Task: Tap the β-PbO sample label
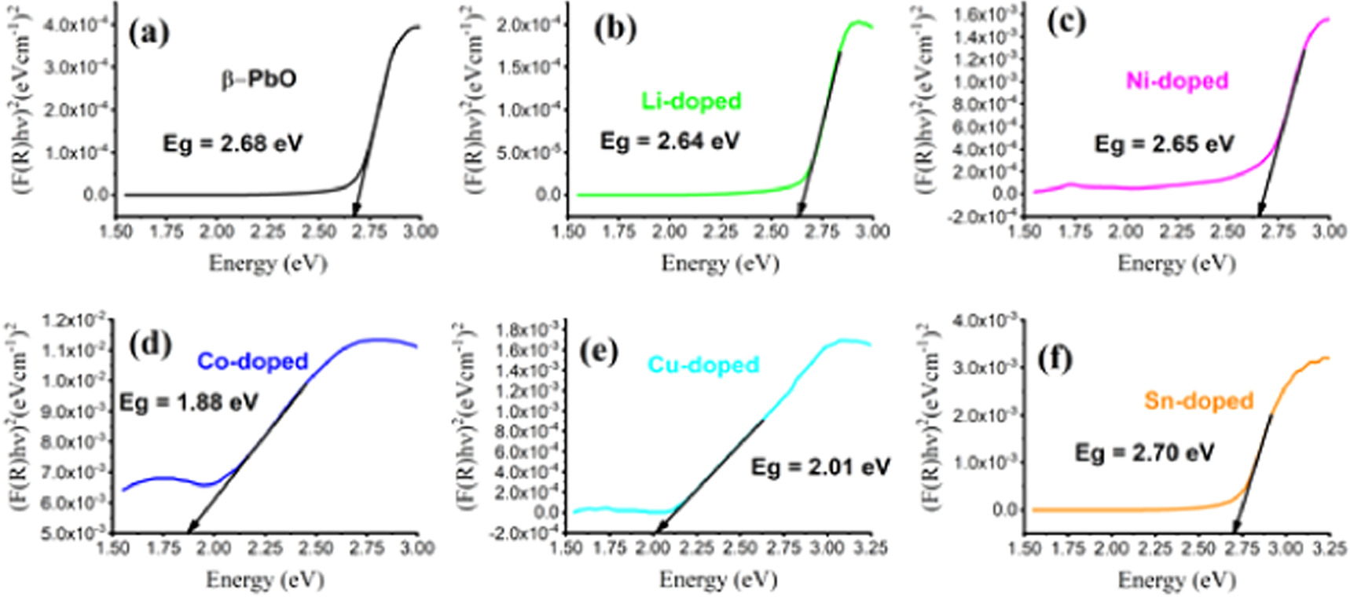click(259, 79)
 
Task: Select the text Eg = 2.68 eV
click(232, 144)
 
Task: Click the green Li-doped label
click(692, 101)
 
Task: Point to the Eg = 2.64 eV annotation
click(669, 141)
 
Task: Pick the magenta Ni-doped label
click(1176, 80)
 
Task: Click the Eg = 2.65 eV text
click(1164, 144)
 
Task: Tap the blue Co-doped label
click(252, 361)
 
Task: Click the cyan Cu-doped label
click(703, 364)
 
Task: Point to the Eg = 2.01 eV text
click(820, 467)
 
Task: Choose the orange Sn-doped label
click(1198, 401)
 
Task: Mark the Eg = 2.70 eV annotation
click(1144, 452)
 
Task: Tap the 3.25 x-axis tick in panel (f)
click(1329, 548)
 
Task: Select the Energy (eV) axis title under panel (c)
click(1176, 263)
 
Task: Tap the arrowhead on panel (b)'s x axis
click(799, 213)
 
